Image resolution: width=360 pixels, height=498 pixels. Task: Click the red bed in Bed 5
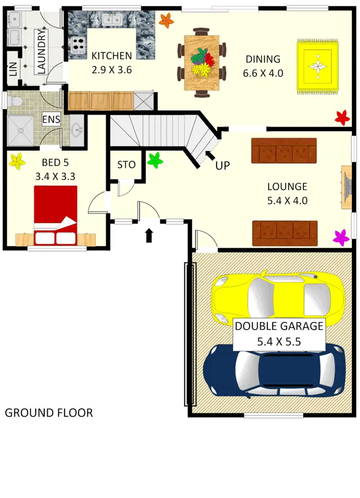point(55,210)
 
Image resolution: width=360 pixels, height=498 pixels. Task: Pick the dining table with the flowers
point(202,63)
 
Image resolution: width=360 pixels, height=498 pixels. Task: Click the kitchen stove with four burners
point(78,46)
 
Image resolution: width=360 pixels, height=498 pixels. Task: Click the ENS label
point(51,119)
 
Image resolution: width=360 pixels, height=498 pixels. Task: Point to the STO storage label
point(126,165)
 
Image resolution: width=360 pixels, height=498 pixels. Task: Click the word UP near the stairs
point(223,166)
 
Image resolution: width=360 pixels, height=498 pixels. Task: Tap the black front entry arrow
point(149,235)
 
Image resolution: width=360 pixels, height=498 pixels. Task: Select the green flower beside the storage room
point(155,160)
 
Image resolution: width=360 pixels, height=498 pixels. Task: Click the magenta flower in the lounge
point(341,237)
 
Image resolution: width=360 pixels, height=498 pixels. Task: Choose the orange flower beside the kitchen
point(166,20)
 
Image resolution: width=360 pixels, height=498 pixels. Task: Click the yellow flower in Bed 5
point(18,161)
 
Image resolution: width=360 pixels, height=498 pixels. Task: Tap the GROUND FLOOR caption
point(48,413)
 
